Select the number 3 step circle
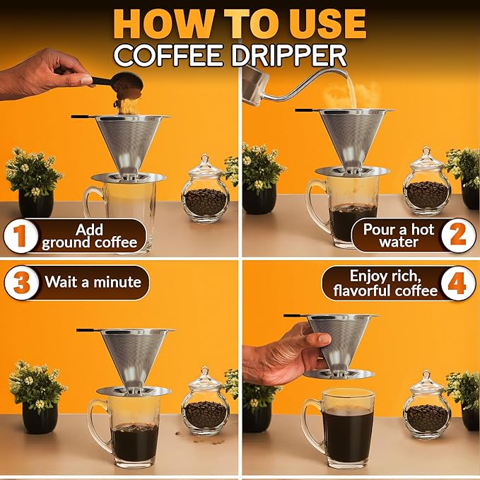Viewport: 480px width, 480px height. (x=20, y=283)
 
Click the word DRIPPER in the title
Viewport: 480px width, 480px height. (x=292, y=55)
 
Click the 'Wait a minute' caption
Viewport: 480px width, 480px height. (x=93, y=283)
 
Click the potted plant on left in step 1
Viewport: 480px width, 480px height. (x=34, y=180)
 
